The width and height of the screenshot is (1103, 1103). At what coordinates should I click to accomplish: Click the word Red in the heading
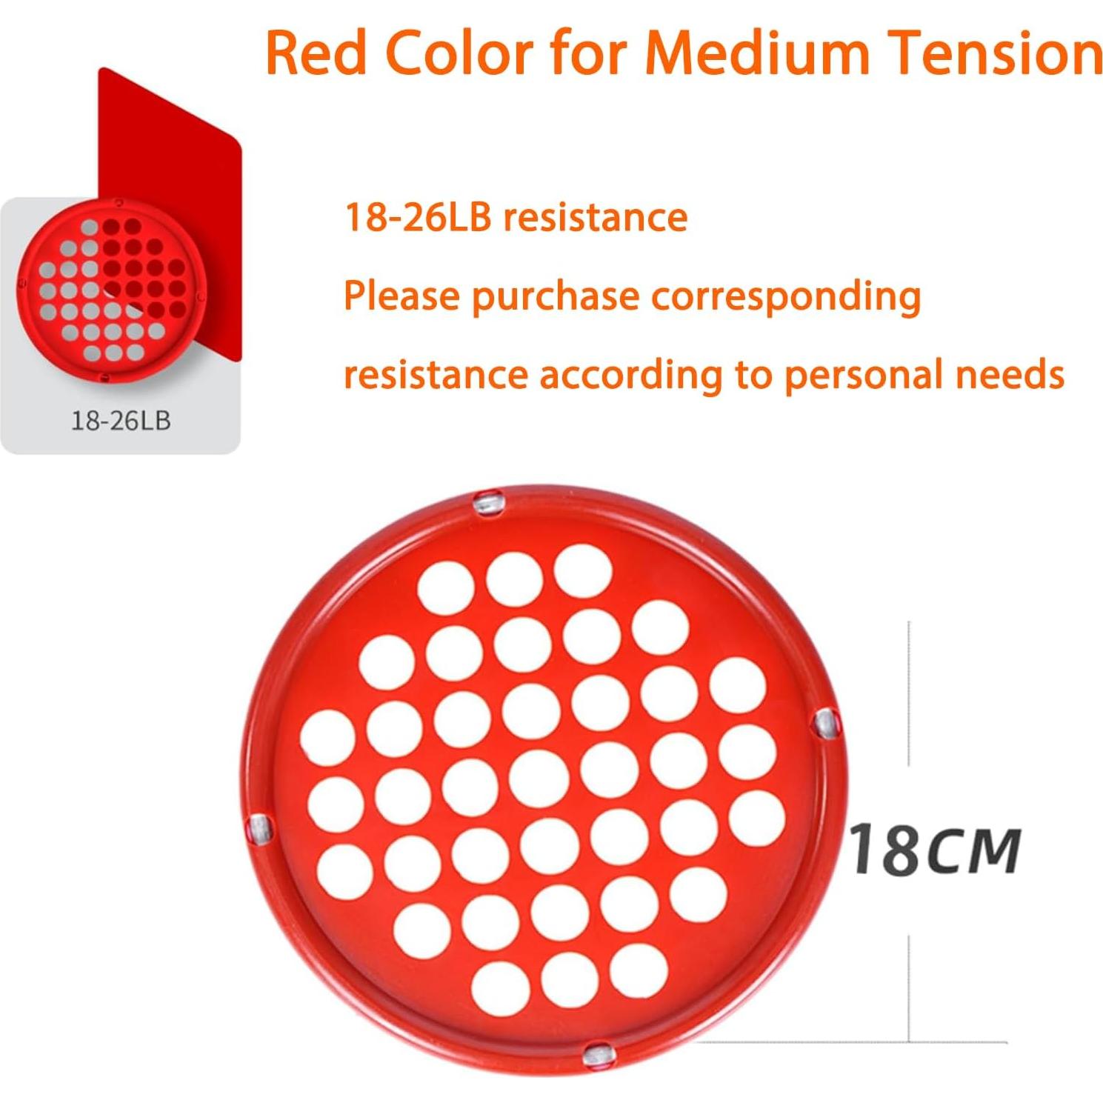316,53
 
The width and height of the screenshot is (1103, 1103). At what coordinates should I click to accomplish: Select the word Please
402,296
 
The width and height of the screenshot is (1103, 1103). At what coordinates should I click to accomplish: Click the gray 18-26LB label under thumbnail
121,421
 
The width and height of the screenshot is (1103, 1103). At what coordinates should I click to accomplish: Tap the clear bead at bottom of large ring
597,1056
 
